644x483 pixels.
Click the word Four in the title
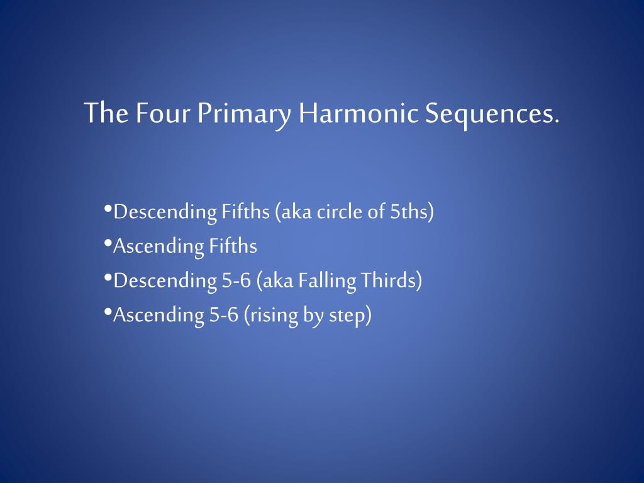pyautogui.click(x=162, y=113)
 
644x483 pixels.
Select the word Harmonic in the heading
pyautogui.click(x=358, y=113)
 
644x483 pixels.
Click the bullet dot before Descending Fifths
pyautogui.click(x=108, y=208)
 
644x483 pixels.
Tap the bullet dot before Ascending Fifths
pyautogui.click(x=108, y=243)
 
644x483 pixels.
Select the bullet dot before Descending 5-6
pyautogui.click(x=108, y=277)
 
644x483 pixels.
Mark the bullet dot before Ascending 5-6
pyautogui.click(x=108, y=311)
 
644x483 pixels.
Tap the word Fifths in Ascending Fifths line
pyautogui.click(x=233, y=246)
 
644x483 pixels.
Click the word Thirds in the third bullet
pyautogui.click(x=391, y=280)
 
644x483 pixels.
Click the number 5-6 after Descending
pyautogui.click(x=236, y=280)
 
